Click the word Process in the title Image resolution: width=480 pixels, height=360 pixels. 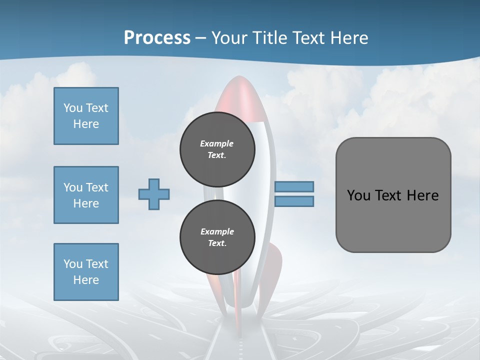[x=157, y=37]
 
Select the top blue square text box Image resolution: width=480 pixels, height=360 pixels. [x=86, y=116]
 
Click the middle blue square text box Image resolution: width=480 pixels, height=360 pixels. [x=86, y=195]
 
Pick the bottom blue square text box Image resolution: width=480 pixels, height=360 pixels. [x=86, y=272]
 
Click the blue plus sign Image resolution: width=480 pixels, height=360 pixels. [x=154, y=194]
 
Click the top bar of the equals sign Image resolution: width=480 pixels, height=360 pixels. [x=294, y=186]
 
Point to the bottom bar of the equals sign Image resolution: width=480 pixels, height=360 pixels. [x=294, y=201]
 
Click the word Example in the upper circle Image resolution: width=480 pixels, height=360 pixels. [x=217, y=143]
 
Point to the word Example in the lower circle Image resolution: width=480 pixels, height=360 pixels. [x=217, y=231]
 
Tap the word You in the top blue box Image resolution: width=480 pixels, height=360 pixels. [x=72, y=108]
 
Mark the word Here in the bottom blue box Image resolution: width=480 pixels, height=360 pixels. [x=86, y=280]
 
